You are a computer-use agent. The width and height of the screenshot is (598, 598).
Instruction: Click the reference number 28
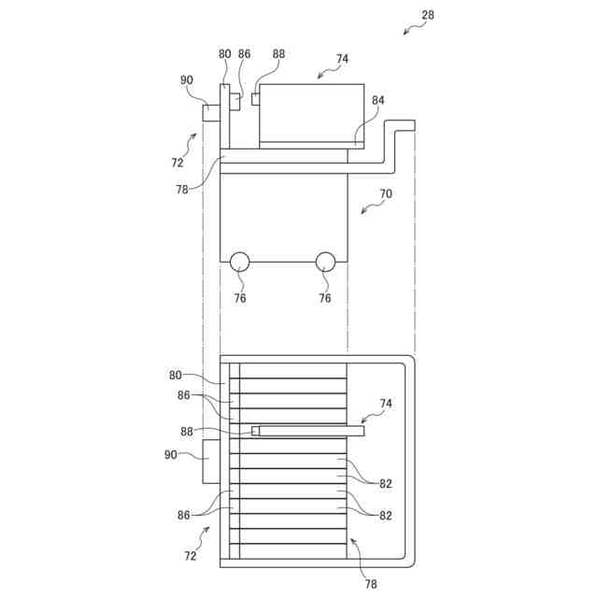pos(428,15)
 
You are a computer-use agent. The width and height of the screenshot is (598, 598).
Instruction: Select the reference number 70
pos(385,195)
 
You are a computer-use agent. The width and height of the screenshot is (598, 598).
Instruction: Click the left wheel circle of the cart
pos(240,262)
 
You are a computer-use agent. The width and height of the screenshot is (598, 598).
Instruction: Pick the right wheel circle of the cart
pos(325,262)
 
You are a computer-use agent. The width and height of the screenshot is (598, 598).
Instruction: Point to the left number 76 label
pos(240,298)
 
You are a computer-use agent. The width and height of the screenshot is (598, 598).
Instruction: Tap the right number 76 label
pos(325,298)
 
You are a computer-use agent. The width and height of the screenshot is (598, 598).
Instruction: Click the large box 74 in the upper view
pos(311,113)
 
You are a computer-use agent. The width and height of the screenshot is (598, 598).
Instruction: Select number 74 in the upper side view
pos(342,58)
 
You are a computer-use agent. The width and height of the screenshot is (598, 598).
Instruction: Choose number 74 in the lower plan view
pos(386,403)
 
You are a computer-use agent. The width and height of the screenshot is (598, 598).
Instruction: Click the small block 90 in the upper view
pos(211,113)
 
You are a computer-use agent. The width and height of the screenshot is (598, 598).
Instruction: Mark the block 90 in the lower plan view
pos(211,462)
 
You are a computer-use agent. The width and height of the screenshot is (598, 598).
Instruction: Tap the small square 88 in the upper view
pos(255,100)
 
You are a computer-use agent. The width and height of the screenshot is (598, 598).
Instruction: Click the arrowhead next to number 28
pos(406,32)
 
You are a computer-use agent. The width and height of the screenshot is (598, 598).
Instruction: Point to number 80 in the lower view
pos(176,376)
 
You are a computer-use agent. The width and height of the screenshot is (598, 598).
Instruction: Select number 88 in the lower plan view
pos(187,431)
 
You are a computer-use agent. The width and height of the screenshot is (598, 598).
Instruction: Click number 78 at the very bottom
pos(371,584)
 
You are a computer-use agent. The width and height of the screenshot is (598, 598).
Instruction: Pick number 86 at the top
pos(245,54)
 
